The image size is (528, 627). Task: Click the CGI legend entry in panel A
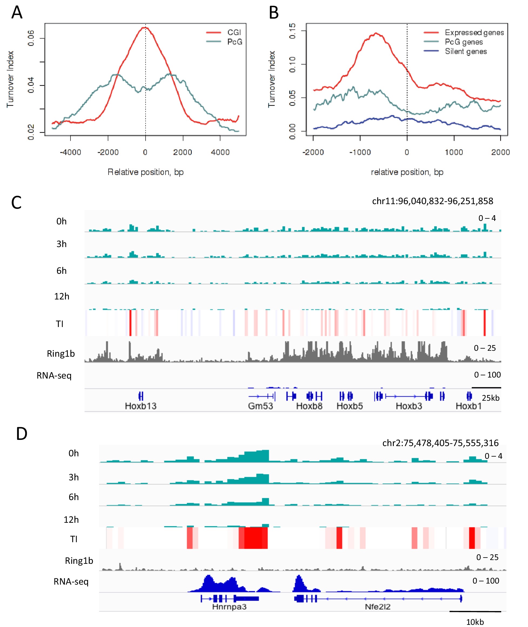(234, 32)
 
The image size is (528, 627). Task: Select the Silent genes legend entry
(465, 52)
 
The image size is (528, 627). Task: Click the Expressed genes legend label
(474, 32)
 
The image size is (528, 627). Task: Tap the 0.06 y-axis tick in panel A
(31, 38)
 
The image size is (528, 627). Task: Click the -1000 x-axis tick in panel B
(360, 152)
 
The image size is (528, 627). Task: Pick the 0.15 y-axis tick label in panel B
(292, 31)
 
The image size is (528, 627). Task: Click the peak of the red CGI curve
(145, 28)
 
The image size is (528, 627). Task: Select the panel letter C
(16, 203)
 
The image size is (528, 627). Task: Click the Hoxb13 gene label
(141, 406)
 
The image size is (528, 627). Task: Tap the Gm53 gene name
(260, 406)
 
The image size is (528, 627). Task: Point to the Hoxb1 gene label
(468, 406)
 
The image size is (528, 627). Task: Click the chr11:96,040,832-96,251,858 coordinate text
(432, 201)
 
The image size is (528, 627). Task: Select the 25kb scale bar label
(490, 398)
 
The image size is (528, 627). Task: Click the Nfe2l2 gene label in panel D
(378, 607)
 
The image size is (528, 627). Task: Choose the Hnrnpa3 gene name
(229, 607)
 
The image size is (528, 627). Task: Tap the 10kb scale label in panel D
(475, 622)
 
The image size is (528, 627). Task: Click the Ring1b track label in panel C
(61, 354)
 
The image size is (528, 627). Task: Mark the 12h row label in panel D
(71, 520)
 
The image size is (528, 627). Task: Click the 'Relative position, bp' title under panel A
(146, 172)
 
